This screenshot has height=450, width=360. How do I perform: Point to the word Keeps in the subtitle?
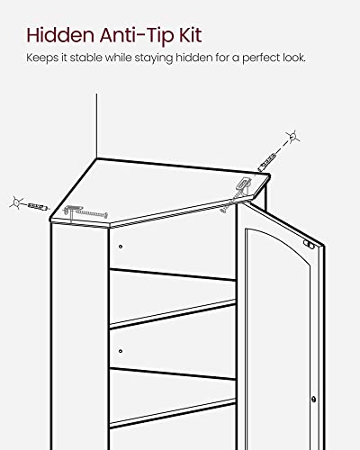39,60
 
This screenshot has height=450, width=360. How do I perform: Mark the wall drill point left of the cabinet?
15,201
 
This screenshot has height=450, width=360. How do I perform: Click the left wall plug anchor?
36,206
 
